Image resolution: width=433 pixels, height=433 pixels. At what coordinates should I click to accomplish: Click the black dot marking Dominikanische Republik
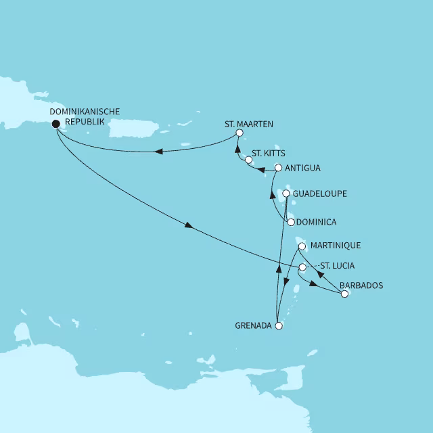(55, 123)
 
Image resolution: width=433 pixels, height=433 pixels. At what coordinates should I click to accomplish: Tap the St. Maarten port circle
(240, 133)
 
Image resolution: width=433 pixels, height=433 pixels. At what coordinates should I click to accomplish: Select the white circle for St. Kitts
(248, 160)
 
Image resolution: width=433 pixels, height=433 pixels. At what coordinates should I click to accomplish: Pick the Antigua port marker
(278, 168)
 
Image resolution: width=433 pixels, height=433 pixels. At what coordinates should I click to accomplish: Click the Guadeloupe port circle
(286, 193)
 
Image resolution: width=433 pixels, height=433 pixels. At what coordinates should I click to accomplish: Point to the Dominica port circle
(291, 222)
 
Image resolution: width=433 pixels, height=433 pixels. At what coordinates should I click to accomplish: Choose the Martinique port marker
(302, 246)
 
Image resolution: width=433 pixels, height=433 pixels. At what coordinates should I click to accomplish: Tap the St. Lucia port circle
(302, 267)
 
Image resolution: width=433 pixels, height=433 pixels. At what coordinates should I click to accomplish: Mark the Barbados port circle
(344, 294)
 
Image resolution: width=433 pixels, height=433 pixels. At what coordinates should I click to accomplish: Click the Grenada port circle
(278, 325)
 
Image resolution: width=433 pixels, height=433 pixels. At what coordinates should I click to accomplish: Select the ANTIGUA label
(303, 168)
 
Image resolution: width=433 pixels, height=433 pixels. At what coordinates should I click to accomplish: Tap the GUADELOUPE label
(320, 193)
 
